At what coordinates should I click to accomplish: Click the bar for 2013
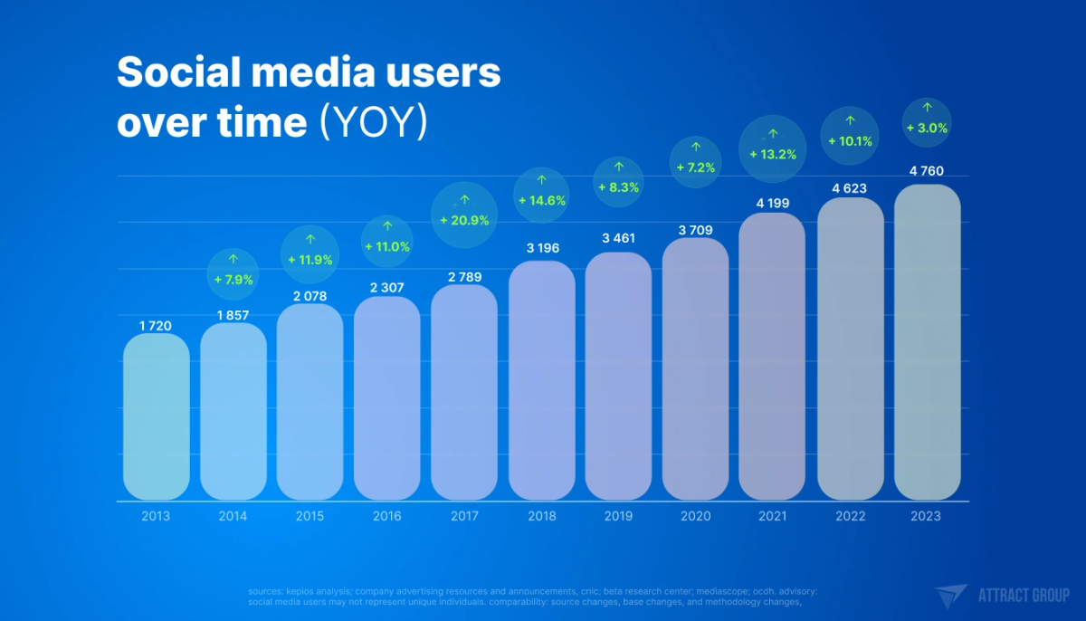click(x=156, y=416)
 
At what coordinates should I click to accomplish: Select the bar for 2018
click(x=541, y=380)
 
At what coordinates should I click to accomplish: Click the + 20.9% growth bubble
click(x=464, y=215)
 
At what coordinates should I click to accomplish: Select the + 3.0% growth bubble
click(x=927, y=122)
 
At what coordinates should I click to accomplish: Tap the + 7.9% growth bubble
click(x=233, y=273)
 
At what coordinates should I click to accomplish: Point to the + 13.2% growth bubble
click(x=772, y=148)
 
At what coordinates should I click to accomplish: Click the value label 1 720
click(x=155, y=325)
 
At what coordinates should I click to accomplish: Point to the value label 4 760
click(x=927, y=170)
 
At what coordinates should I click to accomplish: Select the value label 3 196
click(x=541, y=247)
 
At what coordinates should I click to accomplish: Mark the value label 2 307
click(x=387, y=287)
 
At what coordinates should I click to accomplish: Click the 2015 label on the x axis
click(x=310, y=516)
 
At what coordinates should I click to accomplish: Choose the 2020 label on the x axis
click(x=695, y=516)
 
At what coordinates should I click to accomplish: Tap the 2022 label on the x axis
click(x=850, y=516)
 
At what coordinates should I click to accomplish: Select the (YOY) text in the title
click(x=373, y=123)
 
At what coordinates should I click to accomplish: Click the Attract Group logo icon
click(x=952, y=596)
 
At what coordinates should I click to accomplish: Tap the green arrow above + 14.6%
click(x=541, y=180)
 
